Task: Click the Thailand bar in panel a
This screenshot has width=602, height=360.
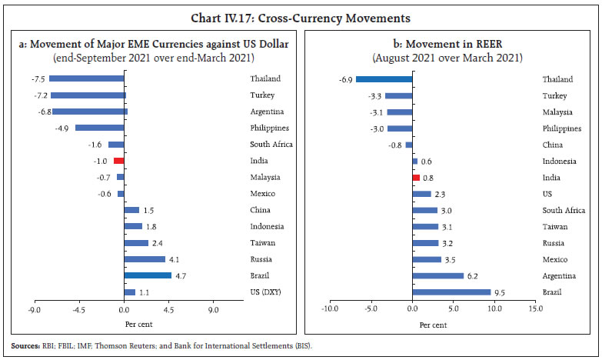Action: pyautogui.click(x=87, y=78)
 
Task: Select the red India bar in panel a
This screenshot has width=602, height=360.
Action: pyautogui.click(x=118, y=161)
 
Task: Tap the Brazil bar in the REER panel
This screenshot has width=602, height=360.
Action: pyautogui.click(x=451, y=292)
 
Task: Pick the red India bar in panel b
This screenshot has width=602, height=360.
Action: pyautogui.click(x=416, y=177)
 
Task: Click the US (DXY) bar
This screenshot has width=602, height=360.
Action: pyautogui.click(x=129, y=292)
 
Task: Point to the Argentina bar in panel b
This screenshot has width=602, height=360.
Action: pyautogui.click(x=438, y=275)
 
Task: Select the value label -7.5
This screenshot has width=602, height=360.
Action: pyautogui.click(x=38, y=78)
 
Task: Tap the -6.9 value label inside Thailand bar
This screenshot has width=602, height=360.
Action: pyautogui.click(x=346, y=78)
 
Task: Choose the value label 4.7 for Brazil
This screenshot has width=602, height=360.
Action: pyautogui.click(x=181, y=275)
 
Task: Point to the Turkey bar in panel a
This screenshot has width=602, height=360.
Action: pyautogui.click(x=88, y=95)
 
